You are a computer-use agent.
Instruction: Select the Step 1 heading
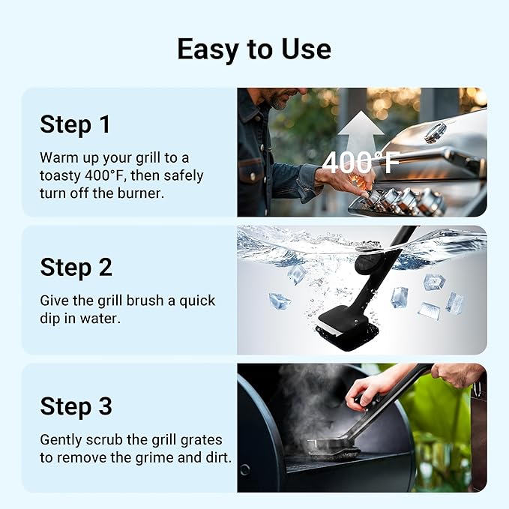pyautogui.click(x=75, y=124)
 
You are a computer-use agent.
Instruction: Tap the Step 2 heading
pyautogui.click(x=76, y=266)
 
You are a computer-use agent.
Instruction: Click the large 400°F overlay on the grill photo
pyautogui.click(x=361, y=162)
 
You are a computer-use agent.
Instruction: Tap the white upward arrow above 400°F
pyautogui.click(x=361, y=127)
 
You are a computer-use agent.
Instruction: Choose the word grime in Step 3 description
pyautogui.click(x=145, y=457)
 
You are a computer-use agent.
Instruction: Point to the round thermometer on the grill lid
pyautogui.click(x=435, y=133)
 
